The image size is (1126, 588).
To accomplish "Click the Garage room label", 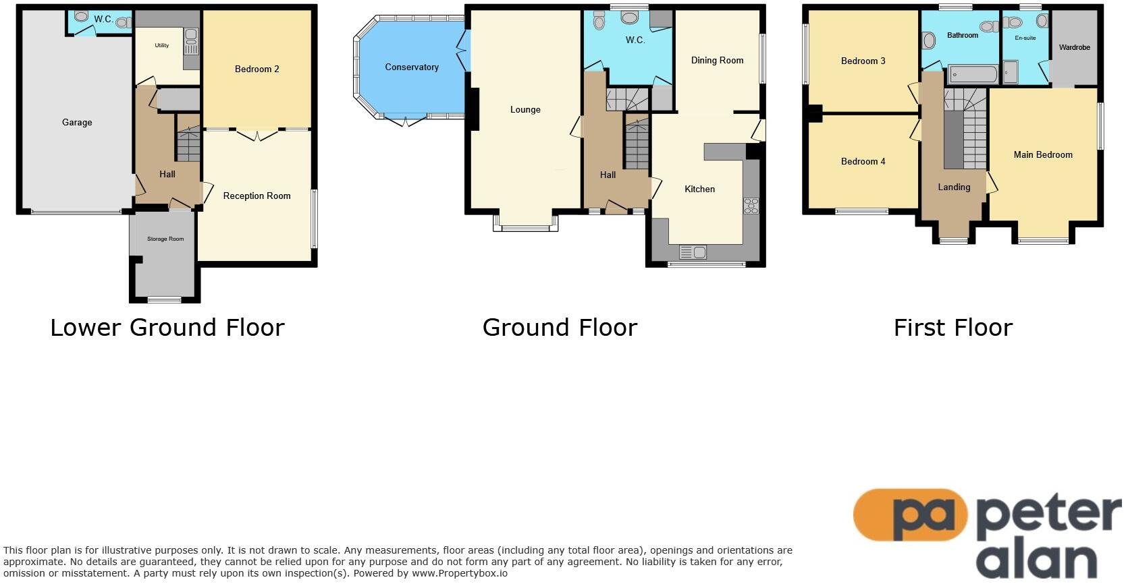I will [77, 122].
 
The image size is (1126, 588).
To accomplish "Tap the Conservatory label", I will [412, 67].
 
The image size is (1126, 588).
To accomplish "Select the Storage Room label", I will [165, 239].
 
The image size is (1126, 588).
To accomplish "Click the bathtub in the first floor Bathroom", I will [973, 74].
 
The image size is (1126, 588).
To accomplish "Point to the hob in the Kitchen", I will [751, 206].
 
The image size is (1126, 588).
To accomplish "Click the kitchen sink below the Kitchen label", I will [693, 252].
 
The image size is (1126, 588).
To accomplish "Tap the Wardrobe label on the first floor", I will [1074, 47].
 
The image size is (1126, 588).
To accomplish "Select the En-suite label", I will [1025, 38].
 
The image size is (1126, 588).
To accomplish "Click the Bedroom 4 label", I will [863, 161].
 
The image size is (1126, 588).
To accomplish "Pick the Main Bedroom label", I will [1042, 154].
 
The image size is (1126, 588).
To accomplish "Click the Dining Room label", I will [717, 60].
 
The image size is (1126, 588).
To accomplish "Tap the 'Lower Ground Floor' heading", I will [167, 328].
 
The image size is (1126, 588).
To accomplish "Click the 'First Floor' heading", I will [953, 328].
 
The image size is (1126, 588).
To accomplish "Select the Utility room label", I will [161, 45].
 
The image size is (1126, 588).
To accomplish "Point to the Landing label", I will [953, 187].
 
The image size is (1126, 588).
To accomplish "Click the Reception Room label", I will [257, 196].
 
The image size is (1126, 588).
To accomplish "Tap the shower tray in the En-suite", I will [1010, 72].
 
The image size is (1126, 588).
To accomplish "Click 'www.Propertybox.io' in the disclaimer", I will [459, 574].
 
